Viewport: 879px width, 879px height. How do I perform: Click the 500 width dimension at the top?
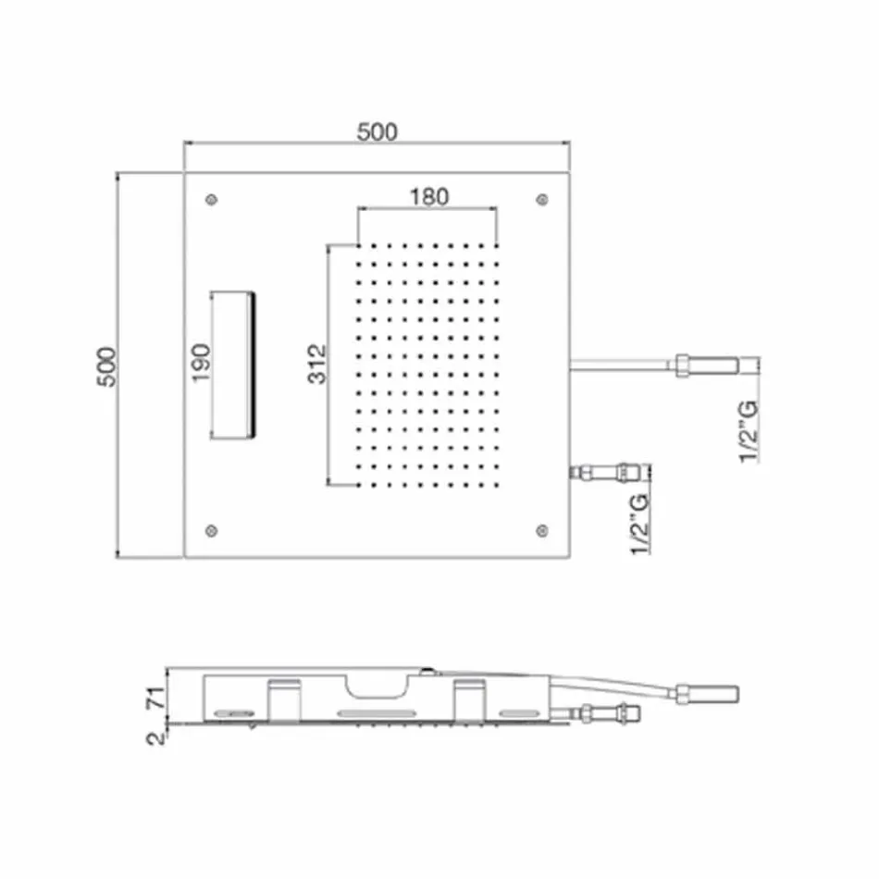pos(377,131)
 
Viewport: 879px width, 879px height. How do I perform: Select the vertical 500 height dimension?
pos(108,367)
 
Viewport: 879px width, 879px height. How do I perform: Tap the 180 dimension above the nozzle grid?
pos(428,196)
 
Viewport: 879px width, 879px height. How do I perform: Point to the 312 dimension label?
pos(317,364)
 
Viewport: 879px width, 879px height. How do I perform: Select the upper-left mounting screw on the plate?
pos(214,199)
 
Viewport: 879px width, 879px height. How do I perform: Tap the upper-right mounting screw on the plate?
pos(541,199)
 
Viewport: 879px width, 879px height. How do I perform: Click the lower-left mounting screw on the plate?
pos(214,529)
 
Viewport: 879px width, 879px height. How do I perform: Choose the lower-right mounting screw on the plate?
pos(541,529)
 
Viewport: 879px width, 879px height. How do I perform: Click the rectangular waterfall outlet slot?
pos(234,365)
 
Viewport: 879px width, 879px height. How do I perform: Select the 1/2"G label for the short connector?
pos(640,525)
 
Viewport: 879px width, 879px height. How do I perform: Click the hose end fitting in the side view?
pos(709,692)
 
